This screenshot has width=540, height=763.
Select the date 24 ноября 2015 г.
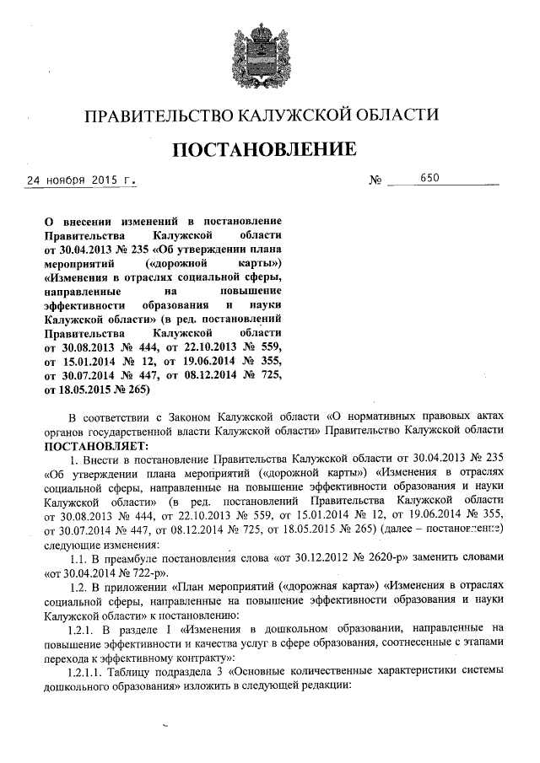tap(81, 180)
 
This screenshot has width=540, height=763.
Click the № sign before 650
tap(376, 180)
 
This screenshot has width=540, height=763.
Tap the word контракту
tap(199, 657)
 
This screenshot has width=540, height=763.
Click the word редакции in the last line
tap(317, 685)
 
